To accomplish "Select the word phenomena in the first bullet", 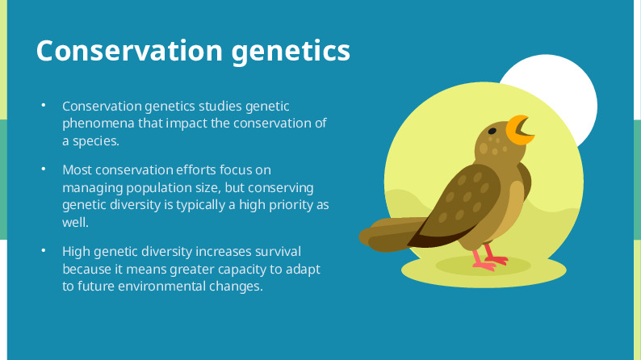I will (x=95, y=123).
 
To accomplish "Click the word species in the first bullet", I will (x=96, y=140).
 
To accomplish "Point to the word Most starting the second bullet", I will (x=77, y=170).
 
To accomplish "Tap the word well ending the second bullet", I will (x=75, y=221).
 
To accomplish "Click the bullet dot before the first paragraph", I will (x=44, y=106).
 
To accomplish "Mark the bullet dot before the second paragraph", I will (x=44, y=170).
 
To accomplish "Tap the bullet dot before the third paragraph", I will (x=44, y=251).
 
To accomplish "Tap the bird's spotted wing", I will (x=464, y=202).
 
